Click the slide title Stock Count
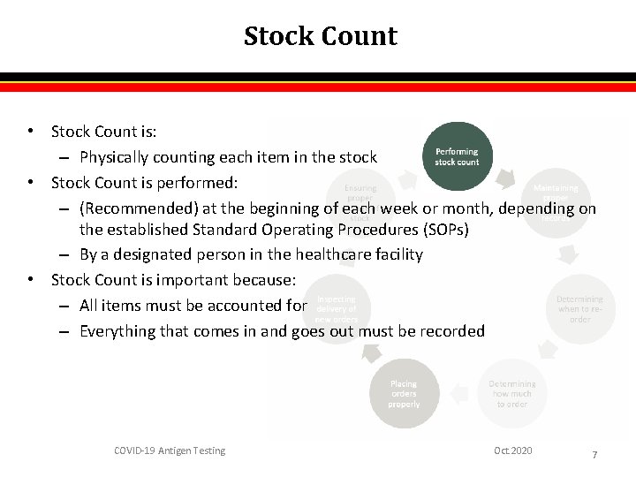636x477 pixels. [x=320, y=36]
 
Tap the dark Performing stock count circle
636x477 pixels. [x=457, y=156]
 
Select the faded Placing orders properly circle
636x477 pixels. [x=404, y=394]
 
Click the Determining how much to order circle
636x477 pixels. [x=511, y=394]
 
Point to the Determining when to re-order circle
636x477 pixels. [x=579, y=309]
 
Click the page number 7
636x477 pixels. [x=594, y=455]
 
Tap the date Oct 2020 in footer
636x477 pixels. [x=513, y=451]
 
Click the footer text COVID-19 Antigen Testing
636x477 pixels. [x=170, y=451]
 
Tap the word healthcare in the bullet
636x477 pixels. [x=331, y=254]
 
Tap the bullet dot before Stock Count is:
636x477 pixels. [x=31, y=132]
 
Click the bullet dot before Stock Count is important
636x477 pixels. [x=31, y=280]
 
